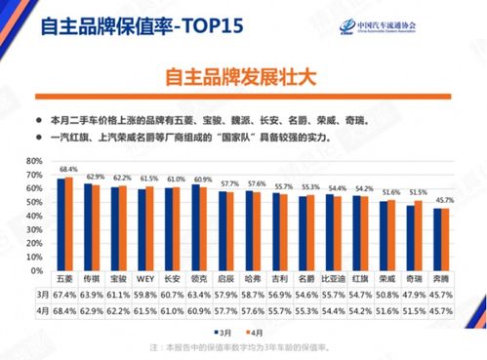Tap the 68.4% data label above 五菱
coord(68,169)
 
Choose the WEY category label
coord(147,281)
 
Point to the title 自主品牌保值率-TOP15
coord(132,25)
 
